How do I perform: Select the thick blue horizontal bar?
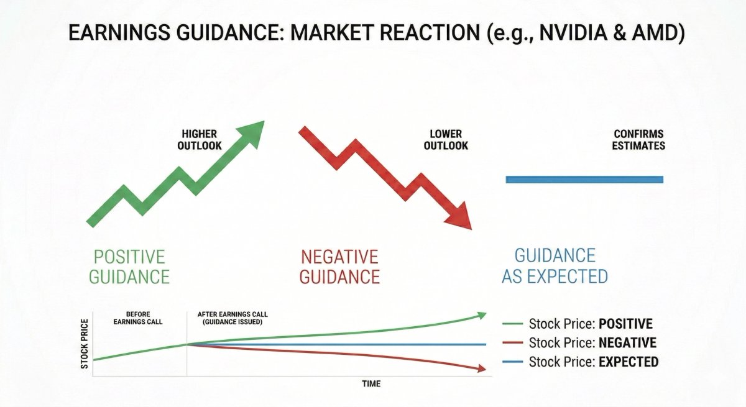pyautogui.click(x=584, y=180)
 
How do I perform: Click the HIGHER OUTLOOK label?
pyautogui.click(x=200, y=140)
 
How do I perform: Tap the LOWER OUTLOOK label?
pyautogui.click(x=445, y=140)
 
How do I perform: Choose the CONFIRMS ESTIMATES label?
pyautogui.click(x=638, y=140)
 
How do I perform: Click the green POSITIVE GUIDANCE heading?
pyautogui.click(x=129, y=266)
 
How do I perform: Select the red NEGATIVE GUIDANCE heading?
pyautogui.click(x=339, y=266)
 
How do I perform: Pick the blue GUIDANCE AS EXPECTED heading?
pyautogui.click(x=555, y=266)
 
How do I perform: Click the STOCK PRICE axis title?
pyautogui.click(x=85, y=344)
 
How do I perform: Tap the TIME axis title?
pyautogui.click(x=371, y=383)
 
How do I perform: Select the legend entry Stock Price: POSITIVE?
pyautogui.click(x=590, y=324)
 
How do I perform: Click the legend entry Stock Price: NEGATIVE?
pyautogui.click(x=592, y=342)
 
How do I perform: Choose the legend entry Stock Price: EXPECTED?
pyautogui.click(x=593, y=362)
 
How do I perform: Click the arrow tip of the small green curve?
pyautogui.click(x=482, y=316)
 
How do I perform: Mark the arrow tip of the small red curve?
pyautogui.click(x=482, y=369)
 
